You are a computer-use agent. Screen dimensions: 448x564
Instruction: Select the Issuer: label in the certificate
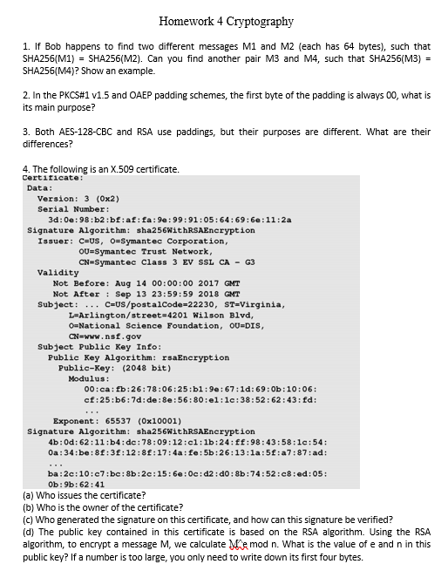coord(55,241)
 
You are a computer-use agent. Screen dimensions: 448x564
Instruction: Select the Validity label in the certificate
coord(58,273)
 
